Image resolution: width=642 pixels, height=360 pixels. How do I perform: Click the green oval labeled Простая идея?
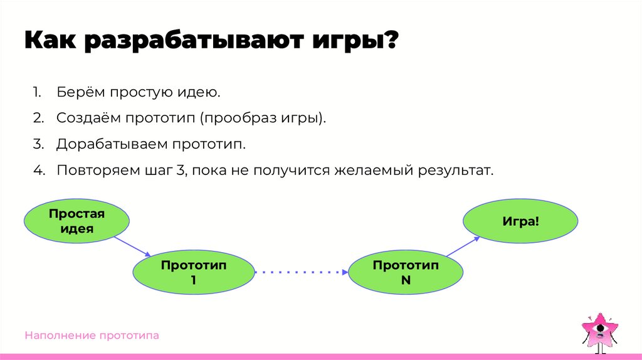[x=76, y=221]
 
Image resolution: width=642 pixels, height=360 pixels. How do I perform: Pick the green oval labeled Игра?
[x=520, y=221]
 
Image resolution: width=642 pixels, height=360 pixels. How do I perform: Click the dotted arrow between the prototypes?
[x=301, y=272]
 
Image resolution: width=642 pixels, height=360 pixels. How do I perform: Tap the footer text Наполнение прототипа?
[x=92, y=336]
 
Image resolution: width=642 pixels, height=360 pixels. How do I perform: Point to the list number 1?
[x=37, y=93]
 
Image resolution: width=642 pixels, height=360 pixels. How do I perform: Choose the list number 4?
[x=38, y=171]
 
